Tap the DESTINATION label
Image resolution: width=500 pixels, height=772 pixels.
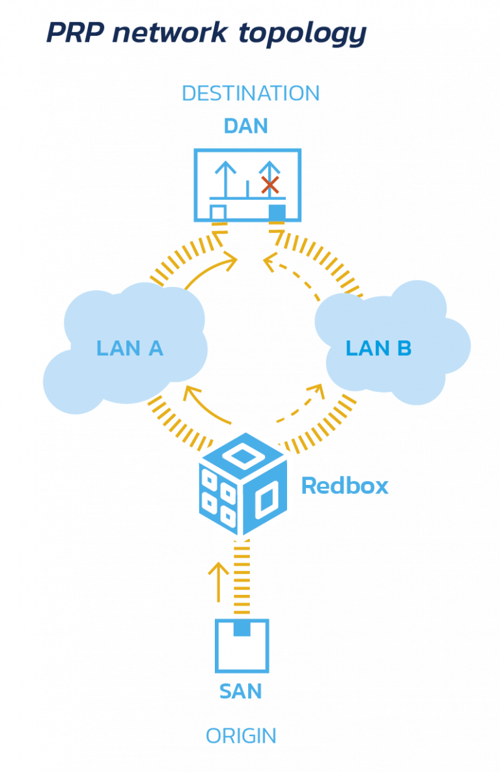pos(251,93)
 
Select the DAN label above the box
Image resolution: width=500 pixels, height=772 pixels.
pos(246,126)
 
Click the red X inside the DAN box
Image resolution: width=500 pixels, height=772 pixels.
pos(270,184)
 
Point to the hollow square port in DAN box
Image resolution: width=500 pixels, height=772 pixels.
pos(218,212)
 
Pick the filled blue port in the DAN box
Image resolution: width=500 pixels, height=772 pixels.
pos(277,212)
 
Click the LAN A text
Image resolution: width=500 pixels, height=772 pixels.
pos(130,348)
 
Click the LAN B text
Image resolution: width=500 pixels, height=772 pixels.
pos(378,348)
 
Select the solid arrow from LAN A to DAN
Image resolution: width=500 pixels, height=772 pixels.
pos(208,269)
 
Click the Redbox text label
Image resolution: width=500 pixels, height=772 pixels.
pos(345,486)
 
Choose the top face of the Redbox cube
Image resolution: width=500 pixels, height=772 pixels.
pos(242,455)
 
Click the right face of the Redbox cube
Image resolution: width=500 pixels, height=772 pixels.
pos(265,501)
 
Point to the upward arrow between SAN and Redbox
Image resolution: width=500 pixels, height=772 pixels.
pos(218,581)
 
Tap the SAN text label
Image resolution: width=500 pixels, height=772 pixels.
pos(241,691)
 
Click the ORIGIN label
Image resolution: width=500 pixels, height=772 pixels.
pos(241,736)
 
